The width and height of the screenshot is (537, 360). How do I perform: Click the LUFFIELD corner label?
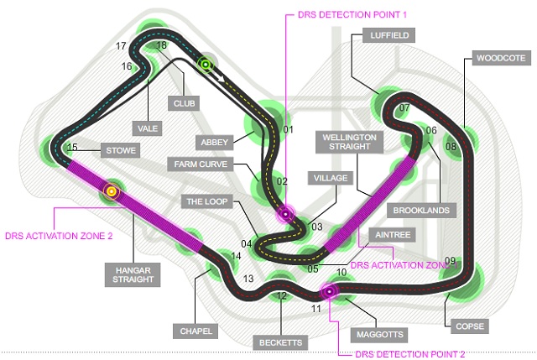pyautogui.click(x=389, y=35)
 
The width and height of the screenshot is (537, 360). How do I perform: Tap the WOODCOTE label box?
pyautogui.click(x=502, y=58)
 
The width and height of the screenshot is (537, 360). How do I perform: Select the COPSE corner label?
pyautogui.click(x=470, y=326)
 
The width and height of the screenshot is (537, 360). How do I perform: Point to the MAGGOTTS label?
pyautogui.click(x=379, y=334)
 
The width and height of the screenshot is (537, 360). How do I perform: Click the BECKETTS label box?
pyautogui.click(x=280, y=342)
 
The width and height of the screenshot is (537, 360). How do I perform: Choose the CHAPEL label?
pyautogui.click(x=196, y=331)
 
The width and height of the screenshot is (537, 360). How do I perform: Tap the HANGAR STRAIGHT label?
pyautogui.click(x=133, y=274)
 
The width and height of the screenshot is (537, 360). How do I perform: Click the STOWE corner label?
pyautogui.click(x=121, y=150)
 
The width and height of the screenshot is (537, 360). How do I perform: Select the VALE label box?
pyautogui.click(x=148, y=128)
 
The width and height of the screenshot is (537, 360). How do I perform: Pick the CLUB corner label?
pyautogui.click(x=184, y=103)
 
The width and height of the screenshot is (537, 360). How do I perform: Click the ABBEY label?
pyautogui.click(x=215, y=142)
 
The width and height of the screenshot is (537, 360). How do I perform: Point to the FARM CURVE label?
pyautogui.click(x=201, y=164)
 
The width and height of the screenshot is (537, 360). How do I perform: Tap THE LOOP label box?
pyautogui.click(x=207, y=201)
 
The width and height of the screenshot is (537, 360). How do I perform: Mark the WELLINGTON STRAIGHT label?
pyautogui.click(x=349, y=142)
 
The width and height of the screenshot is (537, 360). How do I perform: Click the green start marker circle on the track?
pyautogui.click(x=205, y=65)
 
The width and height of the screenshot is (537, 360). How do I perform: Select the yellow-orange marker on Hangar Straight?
pyautogui.click(x=112, y=191)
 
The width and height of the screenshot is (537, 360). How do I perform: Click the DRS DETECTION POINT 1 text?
pyautogui.click(x=352, y=15)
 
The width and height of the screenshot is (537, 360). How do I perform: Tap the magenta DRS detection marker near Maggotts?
pyautogui.click(x=329, y=291)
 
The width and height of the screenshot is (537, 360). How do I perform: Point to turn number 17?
pyautogui.click(x=121, y=46)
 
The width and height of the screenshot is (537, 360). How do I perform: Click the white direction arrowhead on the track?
pyautogui.click(x=222, y=80)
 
